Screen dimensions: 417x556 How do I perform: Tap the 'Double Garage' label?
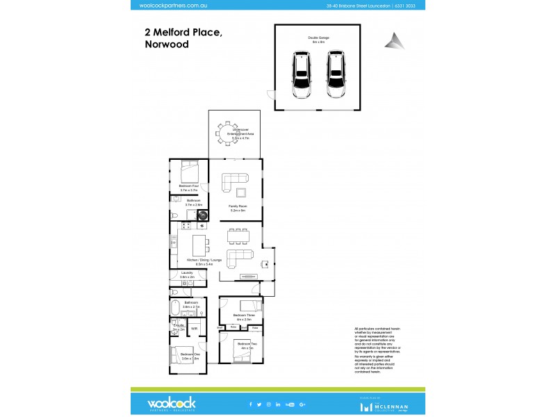coord(318,38)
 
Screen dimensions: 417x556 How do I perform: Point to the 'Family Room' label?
coord(238,206)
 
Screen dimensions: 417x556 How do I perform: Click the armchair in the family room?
coord(241,193)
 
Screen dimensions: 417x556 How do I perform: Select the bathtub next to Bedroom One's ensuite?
coord(176,308)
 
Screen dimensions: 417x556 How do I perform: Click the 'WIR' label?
coord(195,328)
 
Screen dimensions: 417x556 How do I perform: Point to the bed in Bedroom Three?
coord(247,306)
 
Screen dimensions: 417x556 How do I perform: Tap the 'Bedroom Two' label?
coord(243,343)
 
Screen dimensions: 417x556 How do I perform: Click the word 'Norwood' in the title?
coord(166,44)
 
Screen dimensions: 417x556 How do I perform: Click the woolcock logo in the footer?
coord(171,404)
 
